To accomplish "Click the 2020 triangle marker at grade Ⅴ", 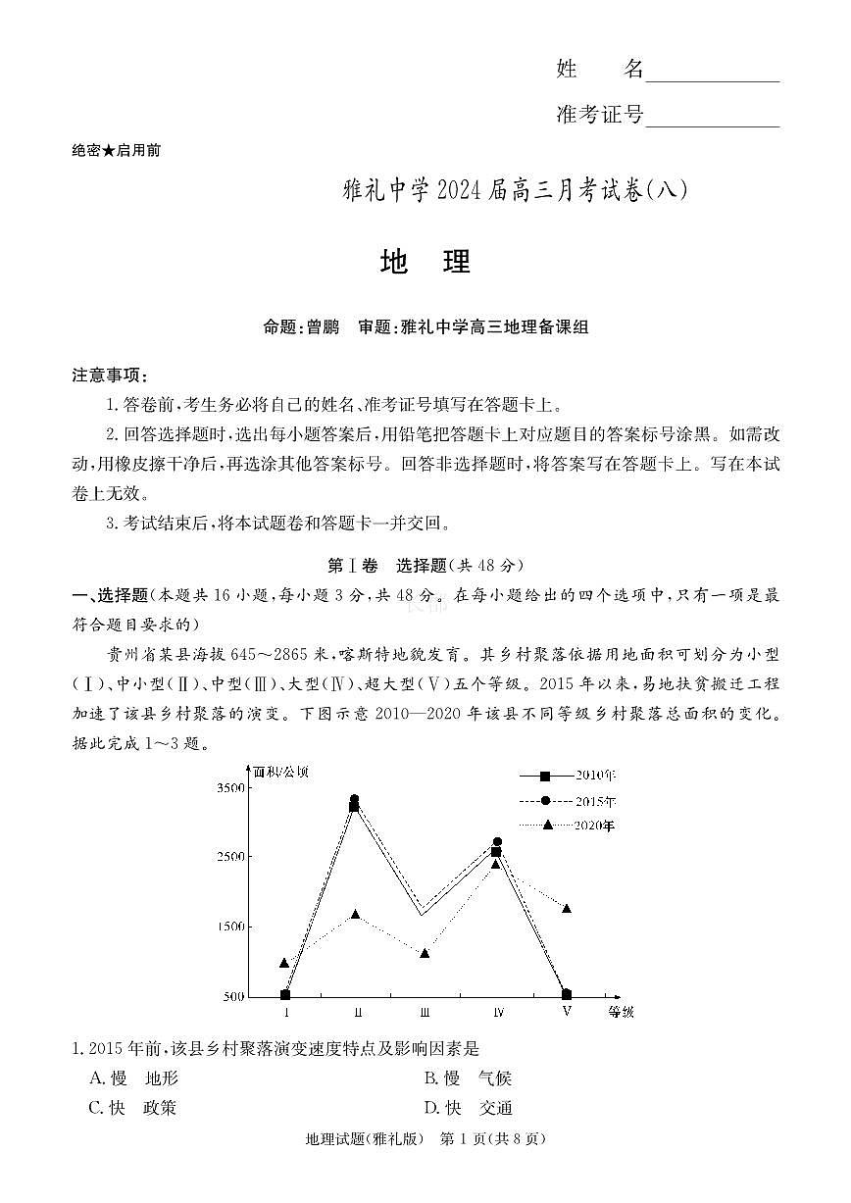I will (567, 909).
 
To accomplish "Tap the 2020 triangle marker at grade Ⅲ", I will (425, 953).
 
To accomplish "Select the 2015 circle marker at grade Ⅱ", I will (354, 800).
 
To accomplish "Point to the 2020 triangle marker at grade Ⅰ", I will (284, 963).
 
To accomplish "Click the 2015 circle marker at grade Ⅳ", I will (497, 842).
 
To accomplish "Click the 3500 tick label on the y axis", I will (231, 788).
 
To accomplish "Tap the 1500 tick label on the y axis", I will (231, 927).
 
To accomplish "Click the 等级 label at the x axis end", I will (622, 1012).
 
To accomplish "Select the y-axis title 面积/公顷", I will (280, 772).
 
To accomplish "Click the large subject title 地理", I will (425, 262).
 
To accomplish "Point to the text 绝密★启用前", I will (117, 150).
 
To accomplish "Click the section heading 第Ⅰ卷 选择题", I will (425, 566).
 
